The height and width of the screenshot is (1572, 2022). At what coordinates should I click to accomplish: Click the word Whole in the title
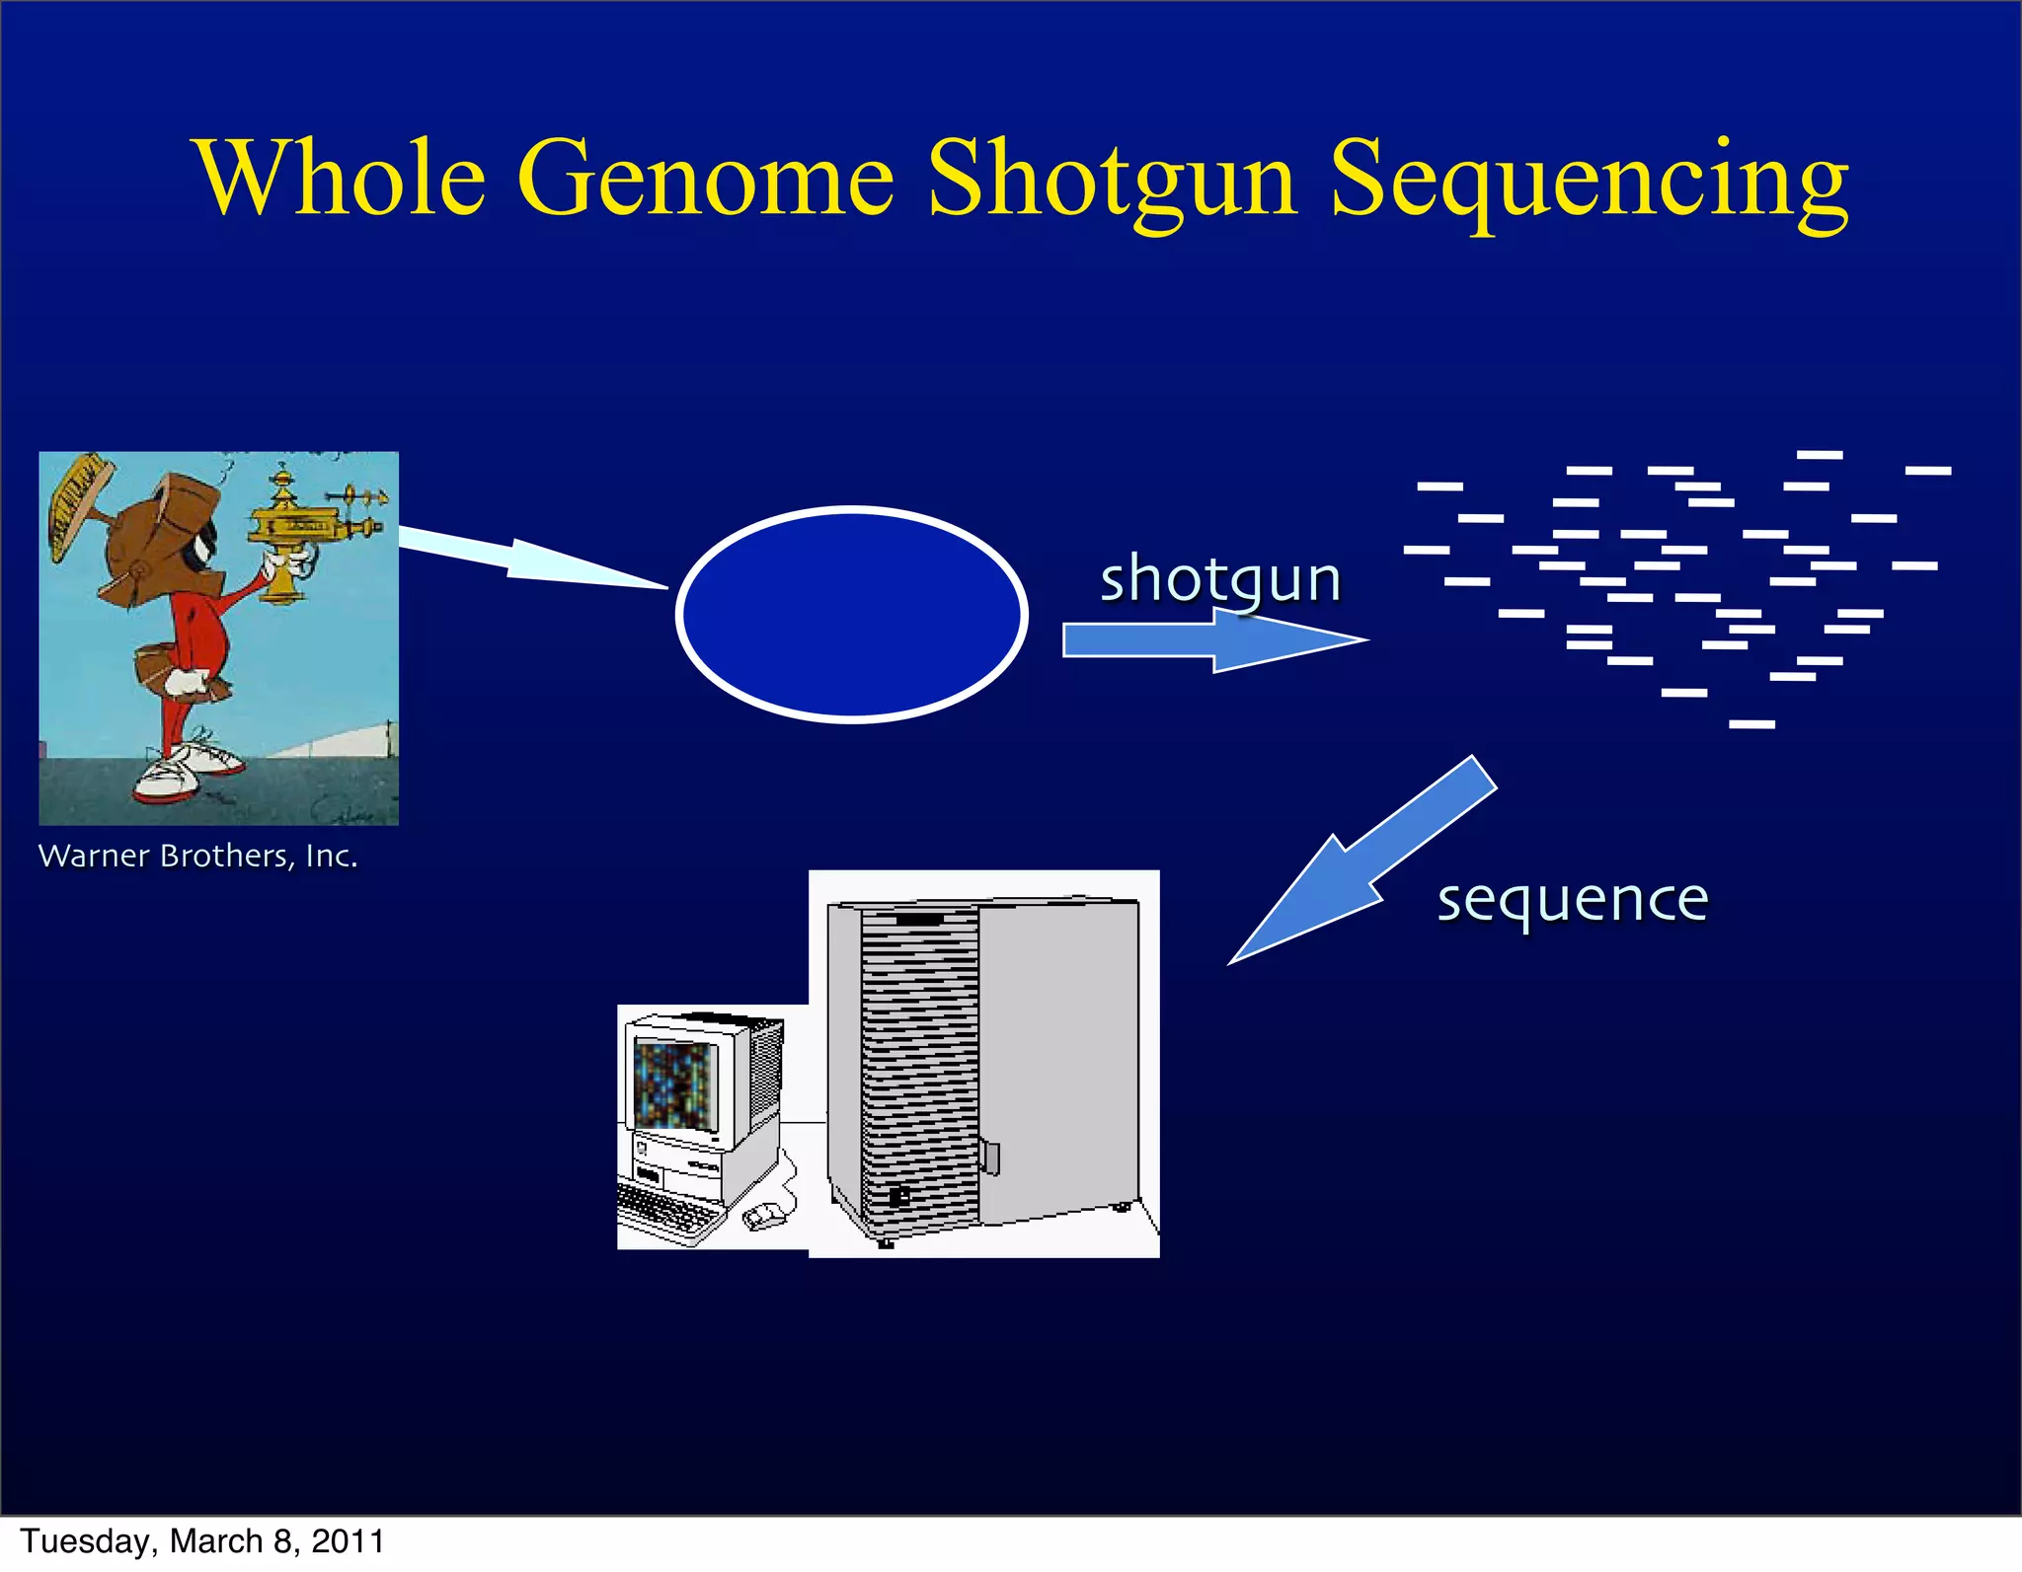(342, 178)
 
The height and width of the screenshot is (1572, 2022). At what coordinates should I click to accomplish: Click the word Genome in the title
(705, 178)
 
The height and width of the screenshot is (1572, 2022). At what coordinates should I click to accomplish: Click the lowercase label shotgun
(1220, 579)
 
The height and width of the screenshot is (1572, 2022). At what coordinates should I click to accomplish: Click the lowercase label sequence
(1572, 900)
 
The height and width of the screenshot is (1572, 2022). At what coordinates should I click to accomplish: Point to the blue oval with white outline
(852, 615)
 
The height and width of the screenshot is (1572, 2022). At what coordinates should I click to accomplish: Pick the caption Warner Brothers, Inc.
(197, 856)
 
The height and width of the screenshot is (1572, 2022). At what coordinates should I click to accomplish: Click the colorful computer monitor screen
(674, 1085)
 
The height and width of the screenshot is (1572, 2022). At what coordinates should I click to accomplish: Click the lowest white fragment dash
(1751, 724)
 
